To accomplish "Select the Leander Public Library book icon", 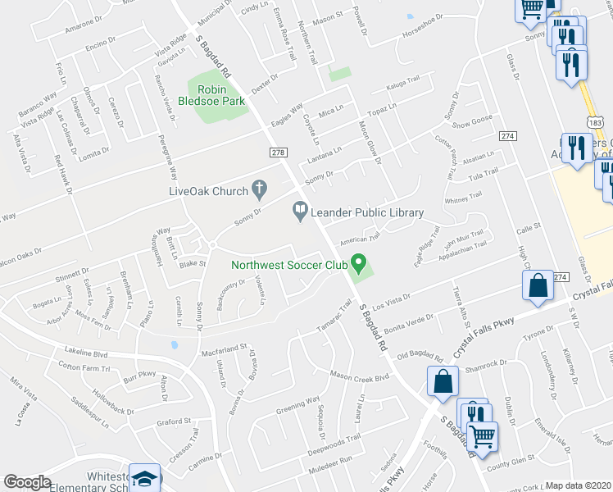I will [x=301, y=212].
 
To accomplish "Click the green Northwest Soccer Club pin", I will [x=358, y=263].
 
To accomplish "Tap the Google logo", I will [x=28, y=482].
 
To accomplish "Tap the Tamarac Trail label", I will [x=335, y=320].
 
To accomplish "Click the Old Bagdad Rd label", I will [x=420, y=358].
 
